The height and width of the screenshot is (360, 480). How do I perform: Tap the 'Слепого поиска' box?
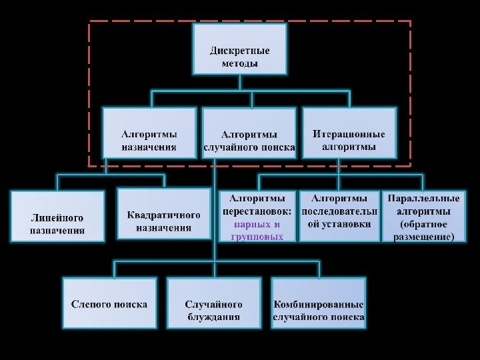[x=110, y=303]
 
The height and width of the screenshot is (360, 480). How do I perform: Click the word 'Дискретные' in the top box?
[x=239, y=51]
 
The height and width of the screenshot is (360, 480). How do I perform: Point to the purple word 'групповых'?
[x=257, y=237]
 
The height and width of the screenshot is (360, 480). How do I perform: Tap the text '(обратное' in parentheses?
[x=424, y=224]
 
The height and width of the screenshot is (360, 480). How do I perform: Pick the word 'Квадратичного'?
[x=163, y=215]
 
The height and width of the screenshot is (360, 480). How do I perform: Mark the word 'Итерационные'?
[x=349, y=134]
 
